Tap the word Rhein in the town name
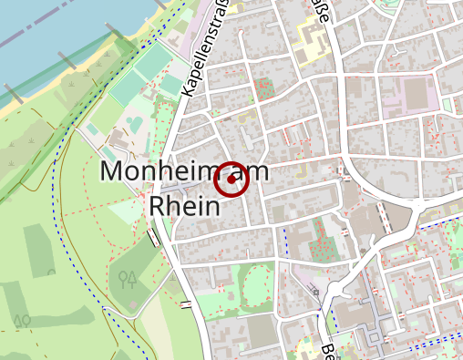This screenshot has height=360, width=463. (x=185, y=206)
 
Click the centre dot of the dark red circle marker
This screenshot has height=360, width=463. (x=231, y=181)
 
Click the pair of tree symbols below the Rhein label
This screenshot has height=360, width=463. (x=128, y=278)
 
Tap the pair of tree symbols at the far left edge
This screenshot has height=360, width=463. (x=23, y=320)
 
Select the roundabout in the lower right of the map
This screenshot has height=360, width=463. (x=338, y=292)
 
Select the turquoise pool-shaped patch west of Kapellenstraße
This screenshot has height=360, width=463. (x=134, y=120)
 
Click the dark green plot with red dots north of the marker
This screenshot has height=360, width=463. (x=263, y=89)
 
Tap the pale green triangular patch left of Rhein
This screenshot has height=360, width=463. (x=125, y=211)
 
